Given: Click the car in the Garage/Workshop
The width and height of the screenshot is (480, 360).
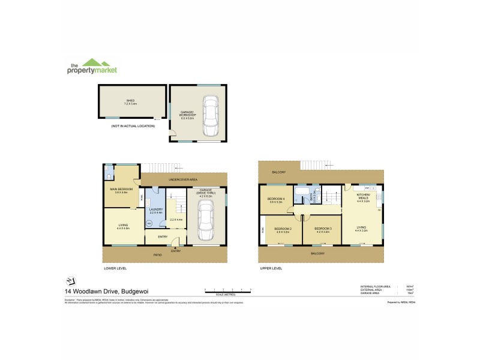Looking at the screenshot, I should [x=210, y=116].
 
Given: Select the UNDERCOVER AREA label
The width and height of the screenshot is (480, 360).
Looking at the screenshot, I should [x=183, y=179].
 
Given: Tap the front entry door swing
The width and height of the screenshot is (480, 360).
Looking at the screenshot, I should [x=175, y=243].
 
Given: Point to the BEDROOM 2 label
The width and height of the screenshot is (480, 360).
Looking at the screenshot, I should [x=283, y=229].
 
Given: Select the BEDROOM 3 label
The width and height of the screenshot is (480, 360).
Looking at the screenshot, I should [x=323, y=229].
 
